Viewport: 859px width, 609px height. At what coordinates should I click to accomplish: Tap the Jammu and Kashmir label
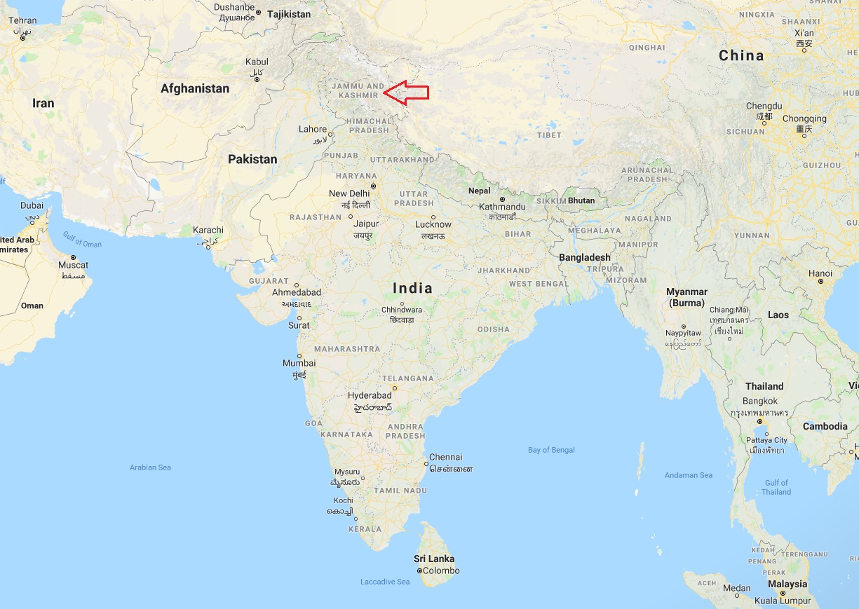(361, 90)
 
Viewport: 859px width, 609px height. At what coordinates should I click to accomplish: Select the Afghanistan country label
(195, 89)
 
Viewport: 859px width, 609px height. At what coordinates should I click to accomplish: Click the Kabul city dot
(257, 79)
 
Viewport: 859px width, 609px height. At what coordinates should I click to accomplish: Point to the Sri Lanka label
(434, 559)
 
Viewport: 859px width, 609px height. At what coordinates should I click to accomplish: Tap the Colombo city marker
(419, 571)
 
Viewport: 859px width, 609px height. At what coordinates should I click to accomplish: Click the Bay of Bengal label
(551, 450)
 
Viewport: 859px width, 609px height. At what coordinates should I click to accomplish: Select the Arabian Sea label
(150, 467)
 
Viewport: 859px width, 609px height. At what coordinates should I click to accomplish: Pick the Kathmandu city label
(502, 207)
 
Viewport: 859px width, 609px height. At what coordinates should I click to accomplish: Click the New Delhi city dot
(374, 186)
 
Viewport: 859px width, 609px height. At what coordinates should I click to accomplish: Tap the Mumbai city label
(299, 363)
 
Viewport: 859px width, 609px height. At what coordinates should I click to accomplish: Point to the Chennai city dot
(426, 464)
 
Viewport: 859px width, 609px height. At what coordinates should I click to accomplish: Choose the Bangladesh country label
(584, 257)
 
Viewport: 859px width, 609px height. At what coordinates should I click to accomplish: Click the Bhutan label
(581, 200)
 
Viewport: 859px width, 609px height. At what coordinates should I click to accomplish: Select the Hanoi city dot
(820, 282)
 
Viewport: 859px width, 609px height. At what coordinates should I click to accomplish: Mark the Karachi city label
(208, 230)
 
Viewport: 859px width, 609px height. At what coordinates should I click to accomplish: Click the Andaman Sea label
(688, 475)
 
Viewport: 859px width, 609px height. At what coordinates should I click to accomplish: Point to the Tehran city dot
(23, 38)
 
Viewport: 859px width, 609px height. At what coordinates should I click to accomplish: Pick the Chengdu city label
(764, 106)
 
